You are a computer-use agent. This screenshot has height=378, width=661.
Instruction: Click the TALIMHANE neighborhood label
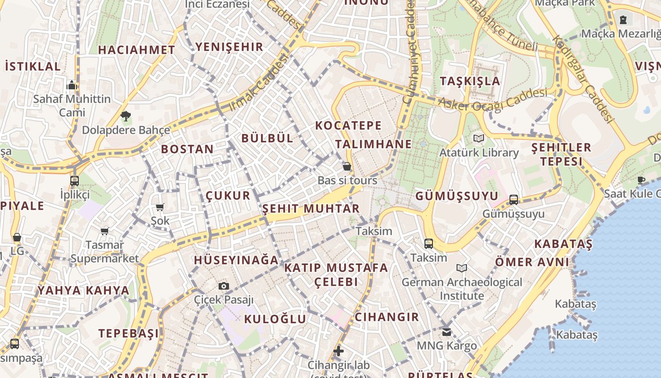373,144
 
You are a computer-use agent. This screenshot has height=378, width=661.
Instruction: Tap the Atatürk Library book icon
479,138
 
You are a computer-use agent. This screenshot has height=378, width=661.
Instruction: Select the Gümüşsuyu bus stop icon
514,200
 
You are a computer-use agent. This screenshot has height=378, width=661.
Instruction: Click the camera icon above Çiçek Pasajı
224,286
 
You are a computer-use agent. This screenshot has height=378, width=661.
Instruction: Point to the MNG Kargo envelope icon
447,332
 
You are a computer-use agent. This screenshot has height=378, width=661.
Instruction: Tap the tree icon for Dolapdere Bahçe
126,116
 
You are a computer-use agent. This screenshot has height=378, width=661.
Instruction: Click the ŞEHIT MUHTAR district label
311,208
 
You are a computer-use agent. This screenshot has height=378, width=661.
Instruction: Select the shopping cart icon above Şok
160,207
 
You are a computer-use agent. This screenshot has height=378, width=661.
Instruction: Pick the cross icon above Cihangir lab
339,351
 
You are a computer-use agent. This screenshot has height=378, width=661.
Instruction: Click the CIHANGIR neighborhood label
387,317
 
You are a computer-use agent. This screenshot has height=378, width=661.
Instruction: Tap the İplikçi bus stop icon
75,180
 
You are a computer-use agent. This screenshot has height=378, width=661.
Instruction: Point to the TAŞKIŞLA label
470,81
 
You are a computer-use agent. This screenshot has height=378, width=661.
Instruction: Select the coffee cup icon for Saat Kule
641,180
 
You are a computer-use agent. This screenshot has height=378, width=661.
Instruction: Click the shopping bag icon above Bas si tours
347,166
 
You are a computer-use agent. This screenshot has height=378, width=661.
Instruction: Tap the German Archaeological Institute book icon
462,268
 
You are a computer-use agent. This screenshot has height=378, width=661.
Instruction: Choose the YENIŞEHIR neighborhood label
229,47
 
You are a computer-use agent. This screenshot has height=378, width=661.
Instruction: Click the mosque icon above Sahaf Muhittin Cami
72,85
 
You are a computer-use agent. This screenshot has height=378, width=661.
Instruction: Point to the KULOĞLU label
275,319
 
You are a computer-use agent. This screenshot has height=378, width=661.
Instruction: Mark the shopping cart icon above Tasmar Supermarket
104,231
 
